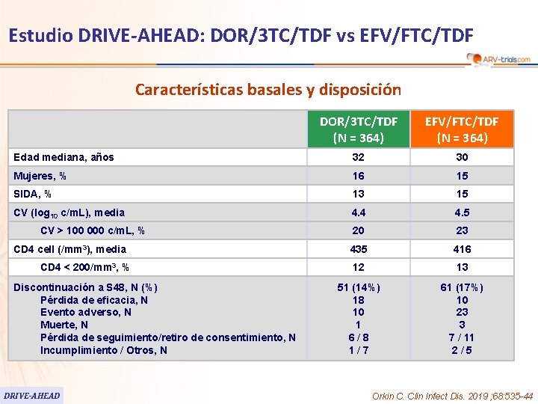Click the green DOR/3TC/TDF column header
click(x=359, y=129)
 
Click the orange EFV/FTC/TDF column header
click(x=463, y=129)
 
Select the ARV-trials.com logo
click(x=498, y=59)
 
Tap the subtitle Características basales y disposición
click(x=268, y=90)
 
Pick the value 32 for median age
click(x=359, y=157)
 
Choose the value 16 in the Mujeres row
click(x=359, y=176)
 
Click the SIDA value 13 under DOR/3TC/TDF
click(x=359, y=195)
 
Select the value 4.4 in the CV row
click(x=359, y=212)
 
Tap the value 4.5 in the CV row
click(x=463, y=212)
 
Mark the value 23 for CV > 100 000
click(x=463, y=231)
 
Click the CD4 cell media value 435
click(x=359, y=249)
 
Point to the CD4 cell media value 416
click(x=463, y=249)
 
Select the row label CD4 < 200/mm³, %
click(x=84, y=267)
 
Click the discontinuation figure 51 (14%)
click(x=359, y=287)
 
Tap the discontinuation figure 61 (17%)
click(x=463, y=287)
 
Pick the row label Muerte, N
click(x=64, y=325)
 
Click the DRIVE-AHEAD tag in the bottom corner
click(x=31, y=395)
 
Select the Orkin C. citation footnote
click(x=452, y=396)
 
